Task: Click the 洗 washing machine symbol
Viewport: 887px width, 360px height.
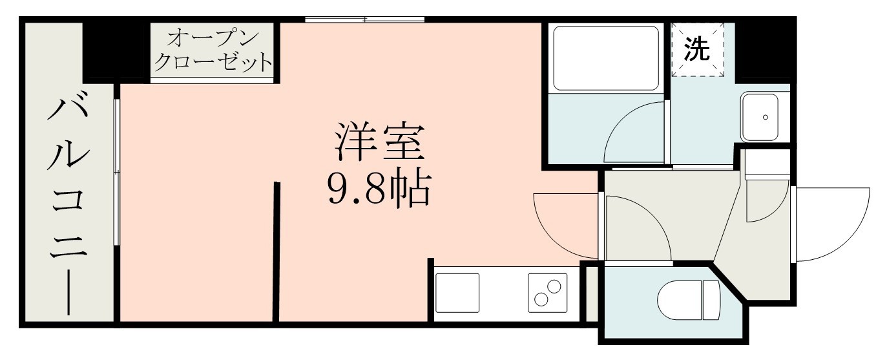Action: (696, 50)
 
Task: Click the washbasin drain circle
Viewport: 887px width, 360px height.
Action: (766, 117)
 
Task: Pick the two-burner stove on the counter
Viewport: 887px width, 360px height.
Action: (548, 293)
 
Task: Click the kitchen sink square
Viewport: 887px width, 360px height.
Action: (457, 293)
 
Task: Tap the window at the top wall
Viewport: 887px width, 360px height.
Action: (365, 20)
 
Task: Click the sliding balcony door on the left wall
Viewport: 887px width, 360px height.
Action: (117, 171)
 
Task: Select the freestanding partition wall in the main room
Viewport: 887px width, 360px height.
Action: (277, 252)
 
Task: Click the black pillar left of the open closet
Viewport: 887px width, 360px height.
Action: (116, 50)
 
